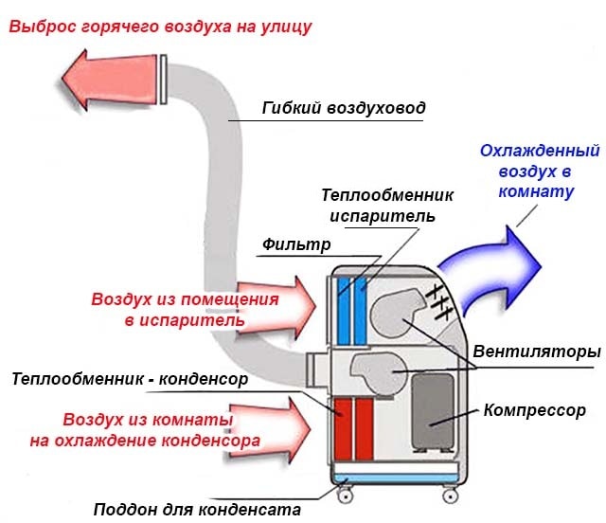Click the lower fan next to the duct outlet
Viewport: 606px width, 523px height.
(377, 373)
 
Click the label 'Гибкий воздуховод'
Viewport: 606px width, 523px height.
(344, 108)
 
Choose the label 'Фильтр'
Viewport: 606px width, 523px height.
(295, 245)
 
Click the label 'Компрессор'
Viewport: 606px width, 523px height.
(535, 410)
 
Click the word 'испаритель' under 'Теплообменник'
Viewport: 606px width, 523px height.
(383, 215)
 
